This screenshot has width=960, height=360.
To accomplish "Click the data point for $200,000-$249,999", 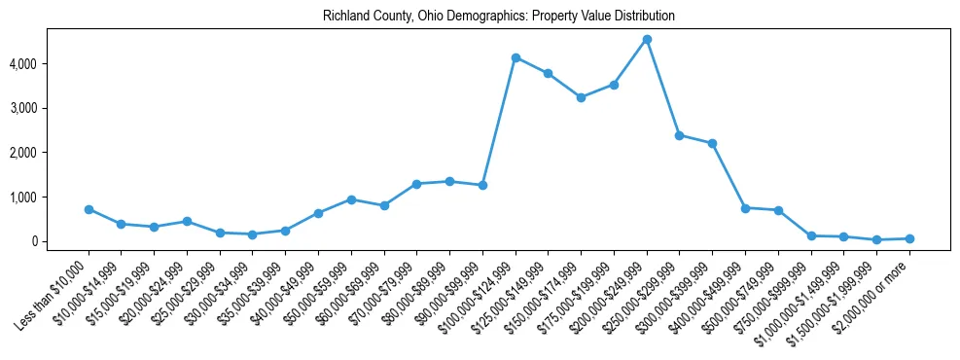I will coord(647,39).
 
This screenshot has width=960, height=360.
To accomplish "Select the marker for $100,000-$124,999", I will coord(516,57).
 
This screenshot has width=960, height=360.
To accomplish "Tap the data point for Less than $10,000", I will coord(89,209).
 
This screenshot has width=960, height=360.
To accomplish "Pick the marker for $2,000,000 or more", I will coord(909,238).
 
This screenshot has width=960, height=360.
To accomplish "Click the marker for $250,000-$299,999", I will coord(680,135).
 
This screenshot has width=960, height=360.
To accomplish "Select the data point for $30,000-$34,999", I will coord(253,234).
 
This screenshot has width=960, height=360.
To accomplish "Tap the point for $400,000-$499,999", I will coord(745,208).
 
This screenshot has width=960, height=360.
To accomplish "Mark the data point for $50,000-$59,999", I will coord(351,199).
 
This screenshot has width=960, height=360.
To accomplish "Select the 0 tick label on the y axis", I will coord(59,242).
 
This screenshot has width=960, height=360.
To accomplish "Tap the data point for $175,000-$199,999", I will coord(614,85).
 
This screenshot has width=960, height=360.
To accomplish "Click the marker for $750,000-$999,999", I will coord(811,235).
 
